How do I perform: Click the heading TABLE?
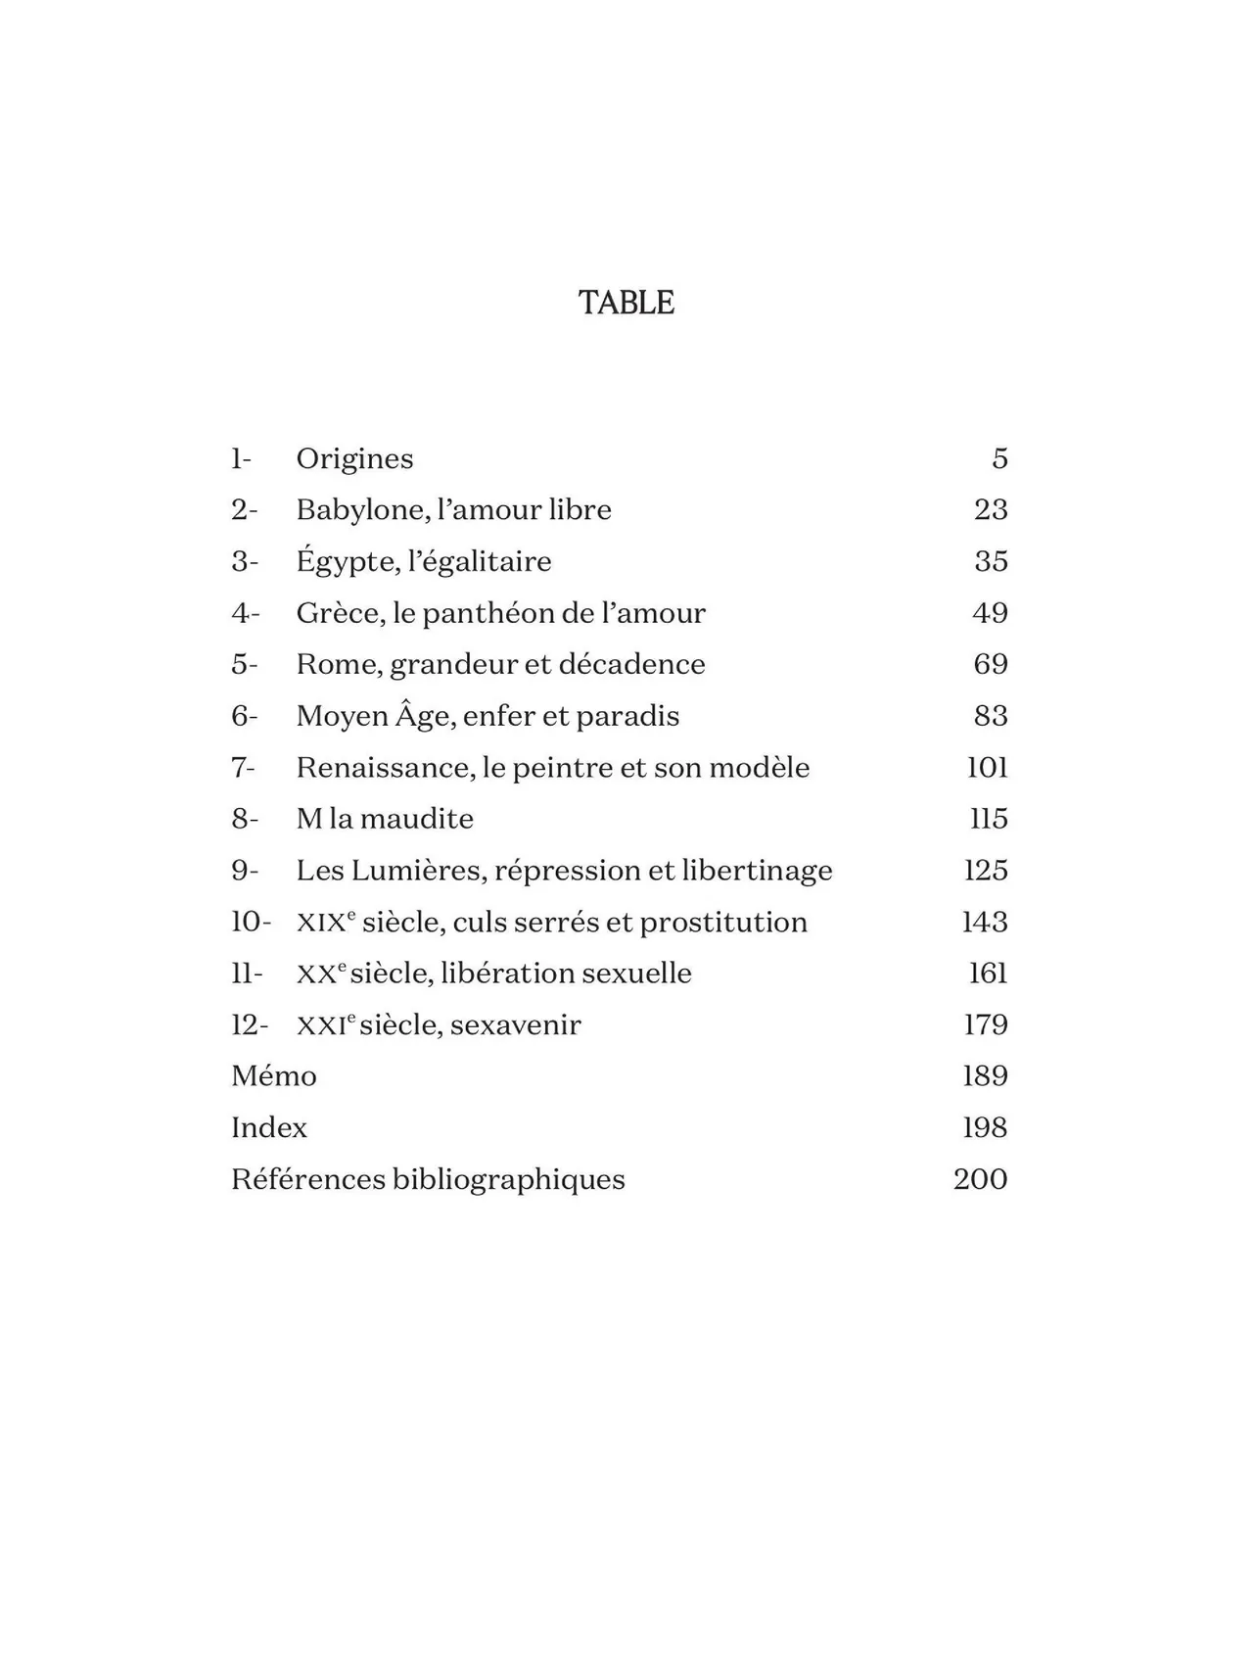[626, 303]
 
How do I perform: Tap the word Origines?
[354, 458]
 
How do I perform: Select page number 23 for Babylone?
[991, 509]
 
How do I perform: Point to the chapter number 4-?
[245, 613]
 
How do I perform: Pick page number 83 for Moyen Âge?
[991, 716]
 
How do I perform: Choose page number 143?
[985, 922]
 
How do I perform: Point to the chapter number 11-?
[247, 974]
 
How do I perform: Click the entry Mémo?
[274, 1076]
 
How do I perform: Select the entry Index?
[269, 1127]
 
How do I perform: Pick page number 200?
[980, 1179]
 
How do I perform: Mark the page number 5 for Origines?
[999, 458]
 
